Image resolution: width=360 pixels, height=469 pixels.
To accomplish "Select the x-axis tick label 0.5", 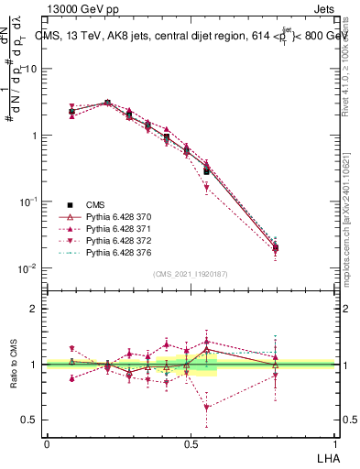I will (x=191, y=443).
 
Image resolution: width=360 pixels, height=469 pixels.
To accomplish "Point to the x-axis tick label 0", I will (x=48, y=443).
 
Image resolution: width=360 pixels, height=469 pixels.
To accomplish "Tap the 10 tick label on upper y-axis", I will (x=30, y=69).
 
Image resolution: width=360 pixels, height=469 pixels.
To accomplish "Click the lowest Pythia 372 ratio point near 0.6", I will (x=207, y=408).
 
